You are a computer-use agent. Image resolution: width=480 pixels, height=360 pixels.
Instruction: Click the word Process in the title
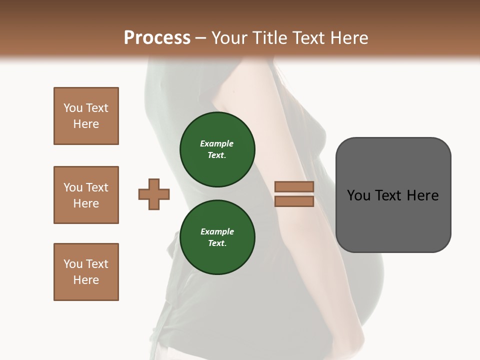[x=157, y=37]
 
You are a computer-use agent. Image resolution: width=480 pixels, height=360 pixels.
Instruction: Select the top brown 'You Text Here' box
[x=86, y=116]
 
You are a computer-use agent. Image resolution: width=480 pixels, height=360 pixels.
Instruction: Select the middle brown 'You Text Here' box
[x=86, y=195]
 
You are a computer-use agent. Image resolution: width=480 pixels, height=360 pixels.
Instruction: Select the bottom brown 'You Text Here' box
[x=86, y=272]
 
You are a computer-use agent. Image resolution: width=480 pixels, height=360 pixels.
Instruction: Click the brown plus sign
[x=154, y=194]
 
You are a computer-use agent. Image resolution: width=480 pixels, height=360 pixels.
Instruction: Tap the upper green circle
[x=217, y=149]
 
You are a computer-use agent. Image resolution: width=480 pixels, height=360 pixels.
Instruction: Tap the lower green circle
[x=217, y=237]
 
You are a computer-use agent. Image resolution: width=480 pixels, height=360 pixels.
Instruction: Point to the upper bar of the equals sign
[x=294, y=186]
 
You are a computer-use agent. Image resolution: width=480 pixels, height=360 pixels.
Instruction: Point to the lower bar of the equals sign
[x=294, y=201]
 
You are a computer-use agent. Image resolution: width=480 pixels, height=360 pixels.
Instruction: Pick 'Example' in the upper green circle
[x=217, y=143]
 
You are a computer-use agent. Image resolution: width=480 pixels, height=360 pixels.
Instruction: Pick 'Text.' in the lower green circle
[x=217, y=243]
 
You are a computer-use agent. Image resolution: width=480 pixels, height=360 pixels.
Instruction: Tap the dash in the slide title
[x=201, y=38]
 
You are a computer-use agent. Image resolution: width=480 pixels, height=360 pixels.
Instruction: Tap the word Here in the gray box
[x=423, y=195]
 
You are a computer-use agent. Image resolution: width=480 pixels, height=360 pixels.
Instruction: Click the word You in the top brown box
[x=73, y=108]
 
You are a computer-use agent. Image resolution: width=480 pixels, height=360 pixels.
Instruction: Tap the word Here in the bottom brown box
[x=86, y=280]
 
